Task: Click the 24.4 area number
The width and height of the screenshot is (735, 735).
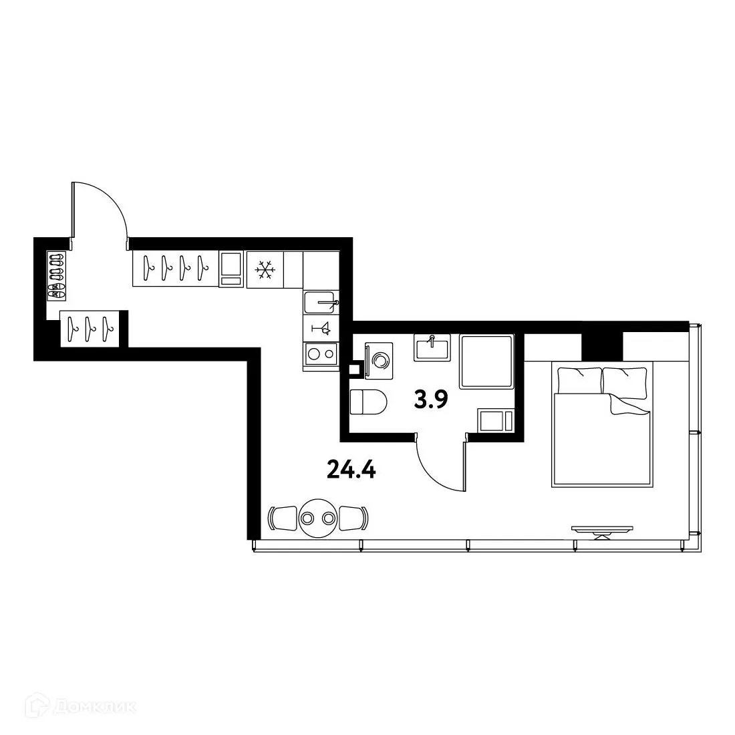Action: tap(351, 470)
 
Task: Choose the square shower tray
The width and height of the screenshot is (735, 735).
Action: tap(486, 361)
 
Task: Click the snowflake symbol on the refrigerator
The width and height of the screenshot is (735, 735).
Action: tap(265, 270)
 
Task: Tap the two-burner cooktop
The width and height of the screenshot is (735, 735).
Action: tap(321, 355)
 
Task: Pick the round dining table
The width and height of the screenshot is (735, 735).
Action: tap(317, 518)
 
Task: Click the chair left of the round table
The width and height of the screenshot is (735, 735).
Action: tap(283, 518)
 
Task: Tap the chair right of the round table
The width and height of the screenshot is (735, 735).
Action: tap(353, 518)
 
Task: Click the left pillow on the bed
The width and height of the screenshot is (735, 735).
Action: tap(579, 380)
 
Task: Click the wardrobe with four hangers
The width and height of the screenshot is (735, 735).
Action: tap(175, 269)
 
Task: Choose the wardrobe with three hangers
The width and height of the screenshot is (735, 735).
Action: tap(92, 329)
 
